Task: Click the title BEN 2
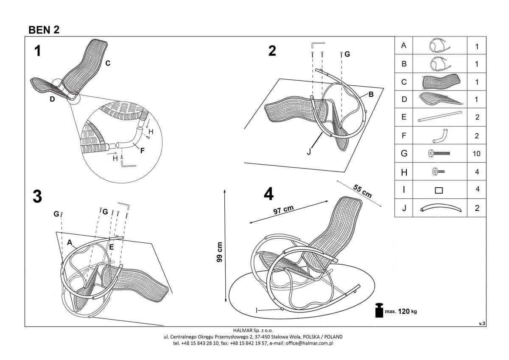[x=44, y=29]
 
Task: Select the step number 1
[x=38, y=51]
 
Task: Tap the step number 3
[x=37, y=197]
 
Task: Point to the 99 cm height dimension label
[x=219, y=253]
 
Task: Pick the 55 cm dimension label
[x=363, y=191]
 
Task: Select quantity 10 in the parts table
[x=476, y=154]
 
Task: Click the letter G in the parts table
[x=404, y=154]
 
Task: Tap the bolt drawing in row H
[x=438, y=172]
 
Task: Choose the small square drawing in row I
[x=439, y=190]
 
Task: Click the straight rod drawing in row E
[x=439, y=117]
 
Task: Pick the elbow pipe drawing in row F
[x=440, y=136]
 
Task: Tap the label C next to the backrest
[x=108, y=63]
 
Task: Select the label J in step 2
[x=309, y=151]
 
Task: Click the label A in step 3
[x=70, y=242]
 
